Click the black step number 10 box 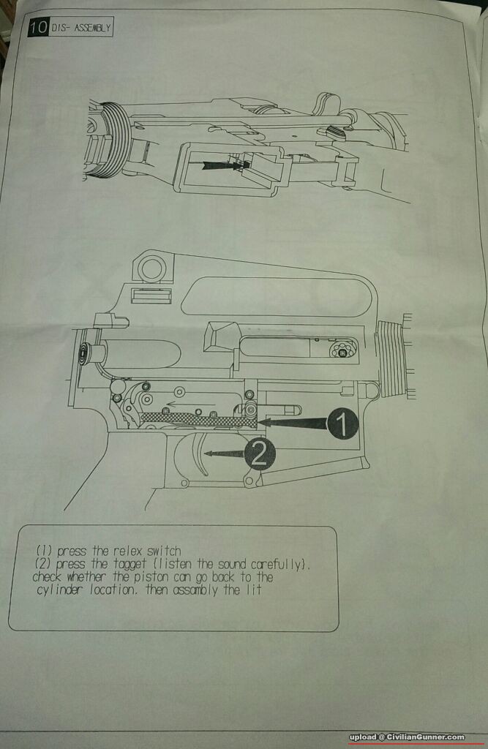point(38,27)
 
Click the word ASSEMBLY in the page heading point(92,28)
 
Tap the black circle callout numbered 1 point(342,424)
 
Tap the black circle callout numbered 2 point(260,454)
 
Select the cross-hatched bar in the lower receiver point(198,419)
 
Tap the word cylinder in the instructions point(60,590)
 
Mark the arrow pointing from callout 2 point(225,453)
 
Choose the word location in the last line point(113,590)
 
